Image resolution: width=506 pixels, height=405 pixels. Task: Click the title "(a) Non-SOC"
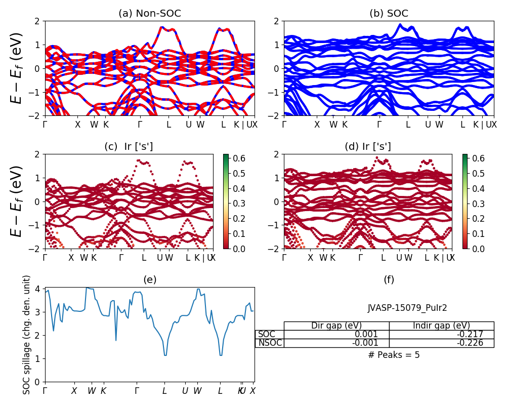coord(150,14)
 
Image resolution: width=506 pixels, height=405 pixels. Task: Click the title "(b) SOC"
coord(389,14)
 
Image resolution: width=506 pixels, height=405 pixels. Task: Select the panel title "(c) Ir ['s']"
coord(129,147)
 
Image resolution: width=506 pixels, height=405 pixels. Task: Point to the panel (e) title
coord(150,279)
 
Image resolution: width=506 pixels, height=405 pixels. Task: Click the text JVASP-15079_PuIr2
coord(407,308)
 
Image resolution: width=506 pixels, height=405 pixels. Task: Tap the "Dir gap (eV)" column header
coord(336,326)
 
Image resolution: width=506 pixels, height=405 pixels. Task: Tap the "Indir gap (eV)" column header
coord(441,326)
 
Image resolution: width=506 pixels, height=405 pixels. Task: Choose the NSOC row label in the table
coord(270,343)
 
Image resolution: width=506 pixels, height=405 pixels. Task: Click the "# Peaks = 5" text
coord(394,355)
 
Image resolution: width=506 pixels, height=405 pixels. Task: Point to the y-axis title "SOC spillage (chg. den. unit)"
coord(27,335)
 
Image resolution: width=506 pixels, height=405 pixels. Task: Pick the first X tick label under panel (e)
coord(74,391)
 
